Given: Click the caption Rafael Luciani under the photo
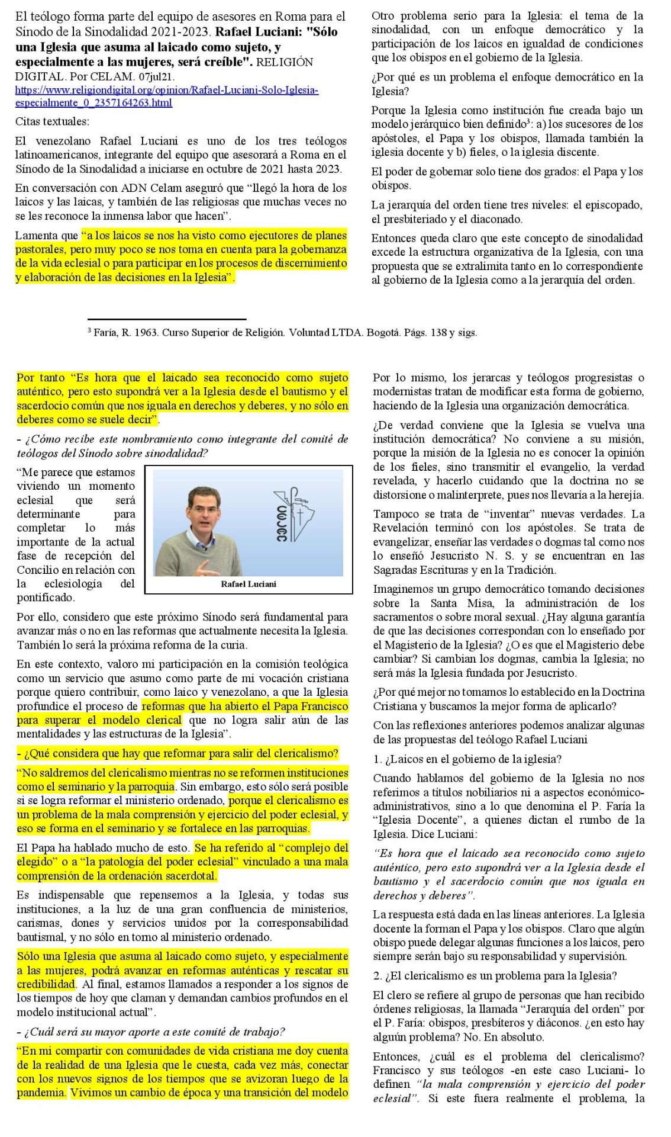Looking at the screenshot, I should [x=249, y=584].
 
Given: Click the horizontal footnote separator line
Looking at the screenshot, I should [x=166, y=319].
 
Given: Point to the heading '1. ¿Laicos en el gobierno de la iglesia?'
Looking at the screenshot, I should [x=467, y=759].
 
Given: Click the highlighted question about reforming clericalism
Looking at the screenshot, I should [x=178, y=753].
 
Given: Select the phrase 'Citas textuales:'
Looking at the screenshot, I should [x=52, y=121].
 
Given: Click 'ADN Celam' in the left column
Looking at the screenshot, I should [x=151, y=188].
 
